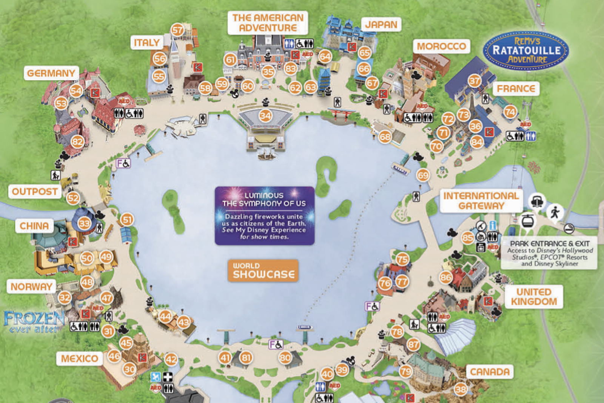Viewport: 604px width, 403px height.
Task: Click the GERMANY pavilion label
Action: click(x=51, y=73)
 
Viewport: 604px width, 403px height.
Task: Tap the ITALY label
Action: click(x=147, y=43)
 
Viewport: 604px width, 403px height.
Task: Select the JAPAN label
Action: click(x=381, y=25)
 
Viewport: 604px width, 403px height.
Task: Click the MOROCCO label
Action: click(x=441, y=46)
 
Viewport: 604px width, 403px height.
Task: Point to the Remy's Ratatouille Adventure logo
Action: click(x=526, y=51)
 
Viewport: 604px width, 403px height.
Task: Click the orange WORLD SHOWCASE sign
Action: click(x=263, y=271)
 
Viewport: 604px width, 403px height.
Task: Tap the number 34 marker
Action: click(x=265, y=115)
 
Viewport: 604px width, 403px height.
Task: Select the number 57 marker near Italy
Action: click(x=177, y=30)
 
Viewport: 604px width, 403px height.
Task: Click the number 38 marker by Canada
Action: click(x=461, y=389)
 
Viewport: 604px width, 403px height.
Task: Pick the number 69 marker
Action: click(x=423, y=175)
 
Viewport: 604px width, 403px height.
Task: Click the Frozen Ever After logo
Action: click(x=34, y=322)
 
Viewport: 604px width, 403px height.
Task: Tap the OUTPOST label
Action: click(x=35, y=192)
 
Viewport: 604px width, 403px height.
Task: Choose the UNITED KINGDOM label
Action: click(x=534, y=297)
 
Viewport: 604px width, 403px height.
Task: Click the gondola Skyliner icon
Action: click(x=528, y=220)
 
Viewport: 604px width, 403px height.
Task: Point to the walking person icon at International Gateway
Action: click(x=555, y=212)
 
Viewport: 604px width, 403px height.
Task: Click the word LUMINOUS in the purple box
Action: click(x=264, y=195)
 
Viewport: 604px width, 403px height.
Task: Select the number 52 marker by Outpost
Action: click(x=73, y=198)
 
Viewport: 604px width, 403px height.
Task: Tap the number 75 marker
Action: click(x=402, y=259)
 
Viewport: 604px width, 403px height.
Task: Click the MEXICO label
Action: click(x=79, y=358)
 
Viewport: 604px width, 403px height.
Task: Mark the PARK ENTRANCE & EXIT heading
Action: click(x=549, y=244)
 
